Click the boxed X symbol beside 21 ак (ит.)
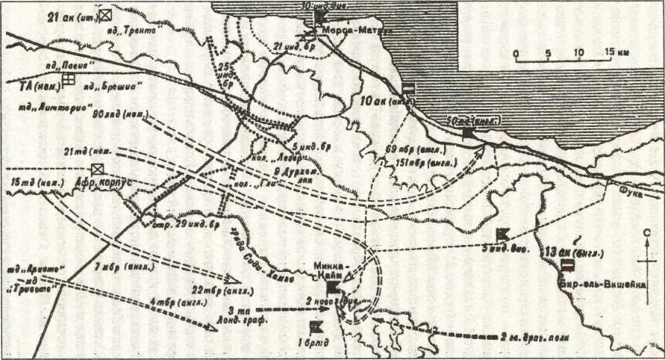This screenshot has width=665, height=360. coord(107,14)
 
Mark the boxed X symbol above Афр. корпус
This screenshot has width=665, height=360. coord(96,170)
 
